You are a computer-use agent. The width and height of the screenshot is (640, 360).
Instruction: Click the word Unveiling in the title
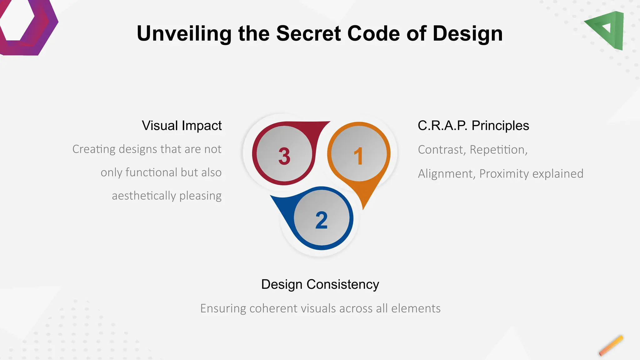[x=184, y=33]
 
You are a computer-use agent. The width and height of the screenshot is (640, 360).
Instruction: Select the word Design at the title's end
[x=467, y=33]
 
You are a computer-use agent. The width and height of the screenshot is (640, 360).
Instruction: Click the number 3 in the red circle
[x=284, y=156]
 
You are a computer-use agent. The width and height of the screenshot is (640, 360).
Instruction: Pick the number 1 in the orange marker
[x=358, y=156]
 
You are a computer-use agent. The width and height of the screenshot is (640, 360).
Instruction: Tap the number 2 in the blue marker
[x=322, y=220]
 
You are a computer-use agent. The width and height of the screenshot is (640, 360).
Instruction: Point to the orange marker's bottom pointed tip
[x=363, y=209]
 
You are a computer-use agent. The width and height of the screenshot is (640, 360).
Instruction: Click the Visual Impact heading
[x=182, y=126]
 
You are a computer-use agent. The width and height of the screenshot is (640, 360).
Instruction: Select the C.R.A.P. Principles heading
[x=473, y=126]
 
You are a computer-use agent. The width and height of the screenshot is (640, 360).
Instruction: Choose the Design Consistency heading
[x=320, y=284]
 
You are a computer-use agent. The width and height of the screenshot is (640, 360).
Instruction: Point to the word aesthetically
[x=144, y=196]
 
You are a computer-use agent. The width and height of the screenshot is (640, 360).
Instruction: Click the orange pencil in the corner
[x=611, y=346]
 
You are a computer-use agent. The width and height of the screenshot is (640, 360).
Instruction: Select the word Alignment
[x=447, y=174]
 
